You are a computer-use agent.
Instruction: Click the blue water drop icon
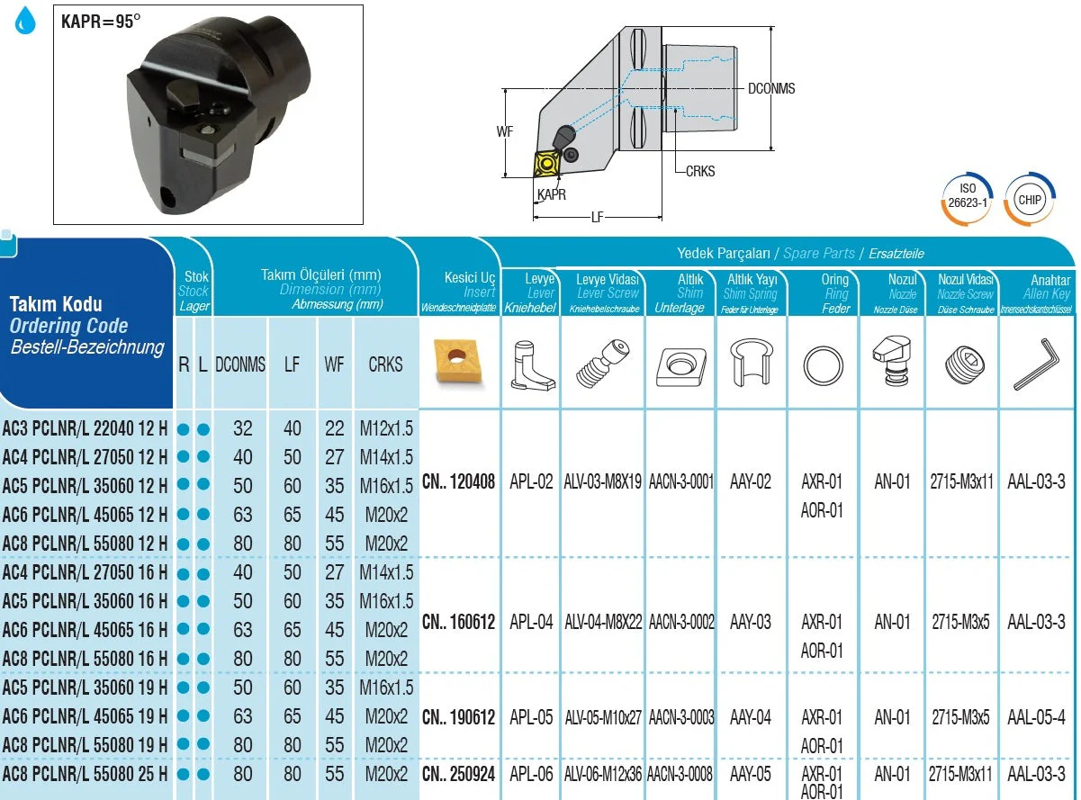pos(26,20)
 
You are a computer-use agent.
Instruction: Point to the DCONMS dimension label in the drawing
pos(771,89)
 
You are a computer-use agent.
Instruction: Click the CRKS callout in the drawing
pos(699,171)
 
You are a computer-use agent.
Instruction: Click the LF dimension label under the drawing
pos(598,217)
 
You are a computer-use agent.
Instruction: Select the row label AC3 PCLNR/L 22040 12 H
pos(85,428)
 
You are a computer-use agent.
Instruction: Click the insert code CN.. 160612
pos(458,622)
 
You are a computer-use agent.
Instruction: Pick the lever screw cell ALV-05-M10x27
pos(603,717)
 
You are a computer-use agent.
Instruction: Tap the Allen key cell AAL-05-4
pos(1036,717)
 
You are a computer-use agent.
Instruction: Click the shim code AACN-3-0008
pos(680,774)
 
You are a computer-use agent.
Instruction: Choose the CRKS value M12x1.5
pos(386,428)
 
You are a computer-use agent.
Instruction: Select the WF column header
pos(334,365)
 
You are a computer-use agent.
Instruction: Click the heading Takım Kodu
pos(56,304)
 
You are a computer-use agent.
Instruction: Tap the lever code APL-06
pos(531,774)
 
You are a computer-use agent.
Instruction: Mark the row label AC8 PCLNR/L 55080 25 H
pos(85,774)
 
